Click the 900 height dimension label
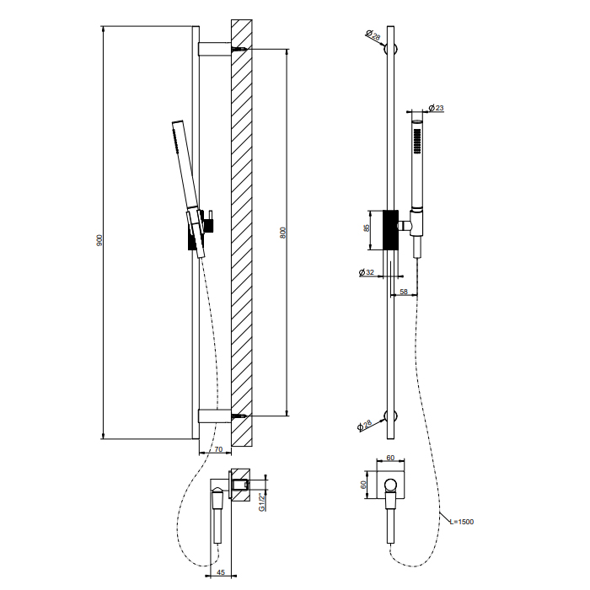[99, 240]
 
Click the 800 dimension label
[283, 233]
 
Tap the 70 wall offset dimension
[218, 449]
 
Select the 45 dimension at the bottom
[221, 572]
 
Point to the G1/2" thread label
[262, 502]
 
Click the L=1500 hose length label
[462, 522]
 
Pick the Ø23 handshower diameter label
[437, 108]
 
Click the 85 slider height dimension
[367, 228]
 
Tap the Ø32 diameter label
[367, 272]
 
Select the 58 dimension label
[404, 292]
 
